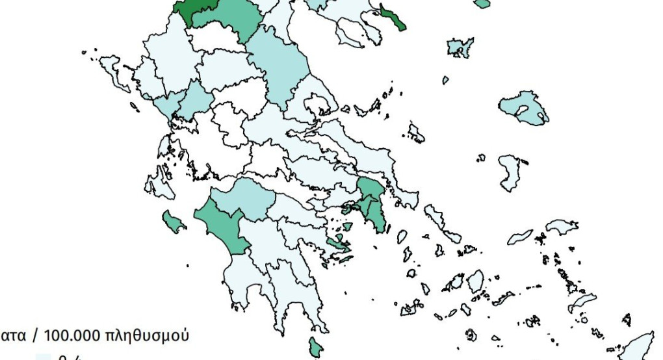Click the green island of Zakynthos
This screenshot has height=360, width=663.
coord(174,222)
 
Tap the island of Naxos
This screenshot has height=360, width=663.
coord(475,281)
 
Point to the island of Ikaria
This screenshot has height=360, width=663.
coord(519,237)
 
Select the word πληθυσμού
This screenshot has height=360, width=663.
coord(149,336)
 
